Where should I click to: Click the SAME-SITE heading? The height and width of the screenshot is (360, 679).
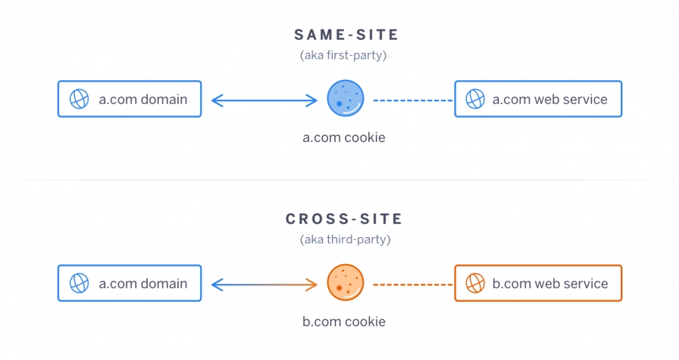click(346, 35)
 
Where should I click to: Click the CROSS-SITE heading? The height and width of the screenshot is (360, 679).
click(344, 219)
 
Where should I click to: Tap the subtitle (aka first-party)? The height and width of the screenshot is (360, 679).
click(343, 55)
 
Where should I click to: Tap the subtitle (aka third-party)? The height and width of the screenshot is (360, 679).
click(345, 239)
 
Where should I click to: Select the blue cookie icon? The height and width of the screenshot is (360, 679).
click(345, 98)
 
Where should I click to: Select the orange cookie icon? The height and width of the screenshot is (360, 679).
click(345, 282)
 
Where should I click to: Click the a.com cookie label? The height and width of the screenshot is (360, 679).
click(344, 137)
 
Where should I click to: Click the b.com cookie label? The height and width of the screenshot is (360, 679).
click(344, 322)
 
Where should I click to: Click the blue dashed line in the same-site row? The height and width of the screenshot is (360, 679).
click(413, 100)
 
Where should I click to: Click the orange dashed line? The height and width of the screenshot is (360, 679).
click(413, 285)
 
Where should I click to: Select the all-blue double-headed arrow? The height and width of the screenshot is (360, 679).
click(264, 100)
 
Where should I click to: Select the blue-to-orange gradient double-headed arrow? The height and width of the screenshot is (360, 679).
click(264, 285)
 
